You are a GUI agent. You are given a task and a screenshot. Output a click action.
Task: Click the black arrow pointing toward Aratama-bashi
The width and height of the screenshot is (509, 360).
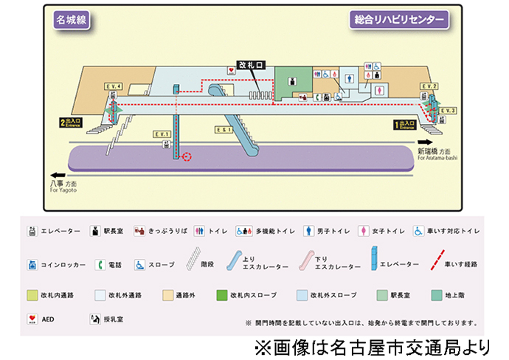pos(424,142)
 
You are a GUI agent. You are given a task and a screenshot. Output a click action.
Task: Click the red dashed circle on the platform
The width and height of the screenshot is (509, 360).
pos(187,156)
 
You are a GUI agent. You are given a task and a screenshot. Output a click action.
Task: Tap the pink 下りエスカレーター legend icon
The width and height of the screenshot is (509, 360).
pos(303,262)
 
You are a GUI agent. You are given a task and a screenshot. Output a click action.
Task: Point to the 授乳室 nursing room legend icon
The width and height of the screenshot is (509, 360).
pos(95,320)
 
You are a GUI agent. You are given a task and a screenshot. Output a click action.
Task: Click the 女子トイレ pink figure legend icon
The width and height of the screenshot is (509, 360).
pos(363,231)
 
